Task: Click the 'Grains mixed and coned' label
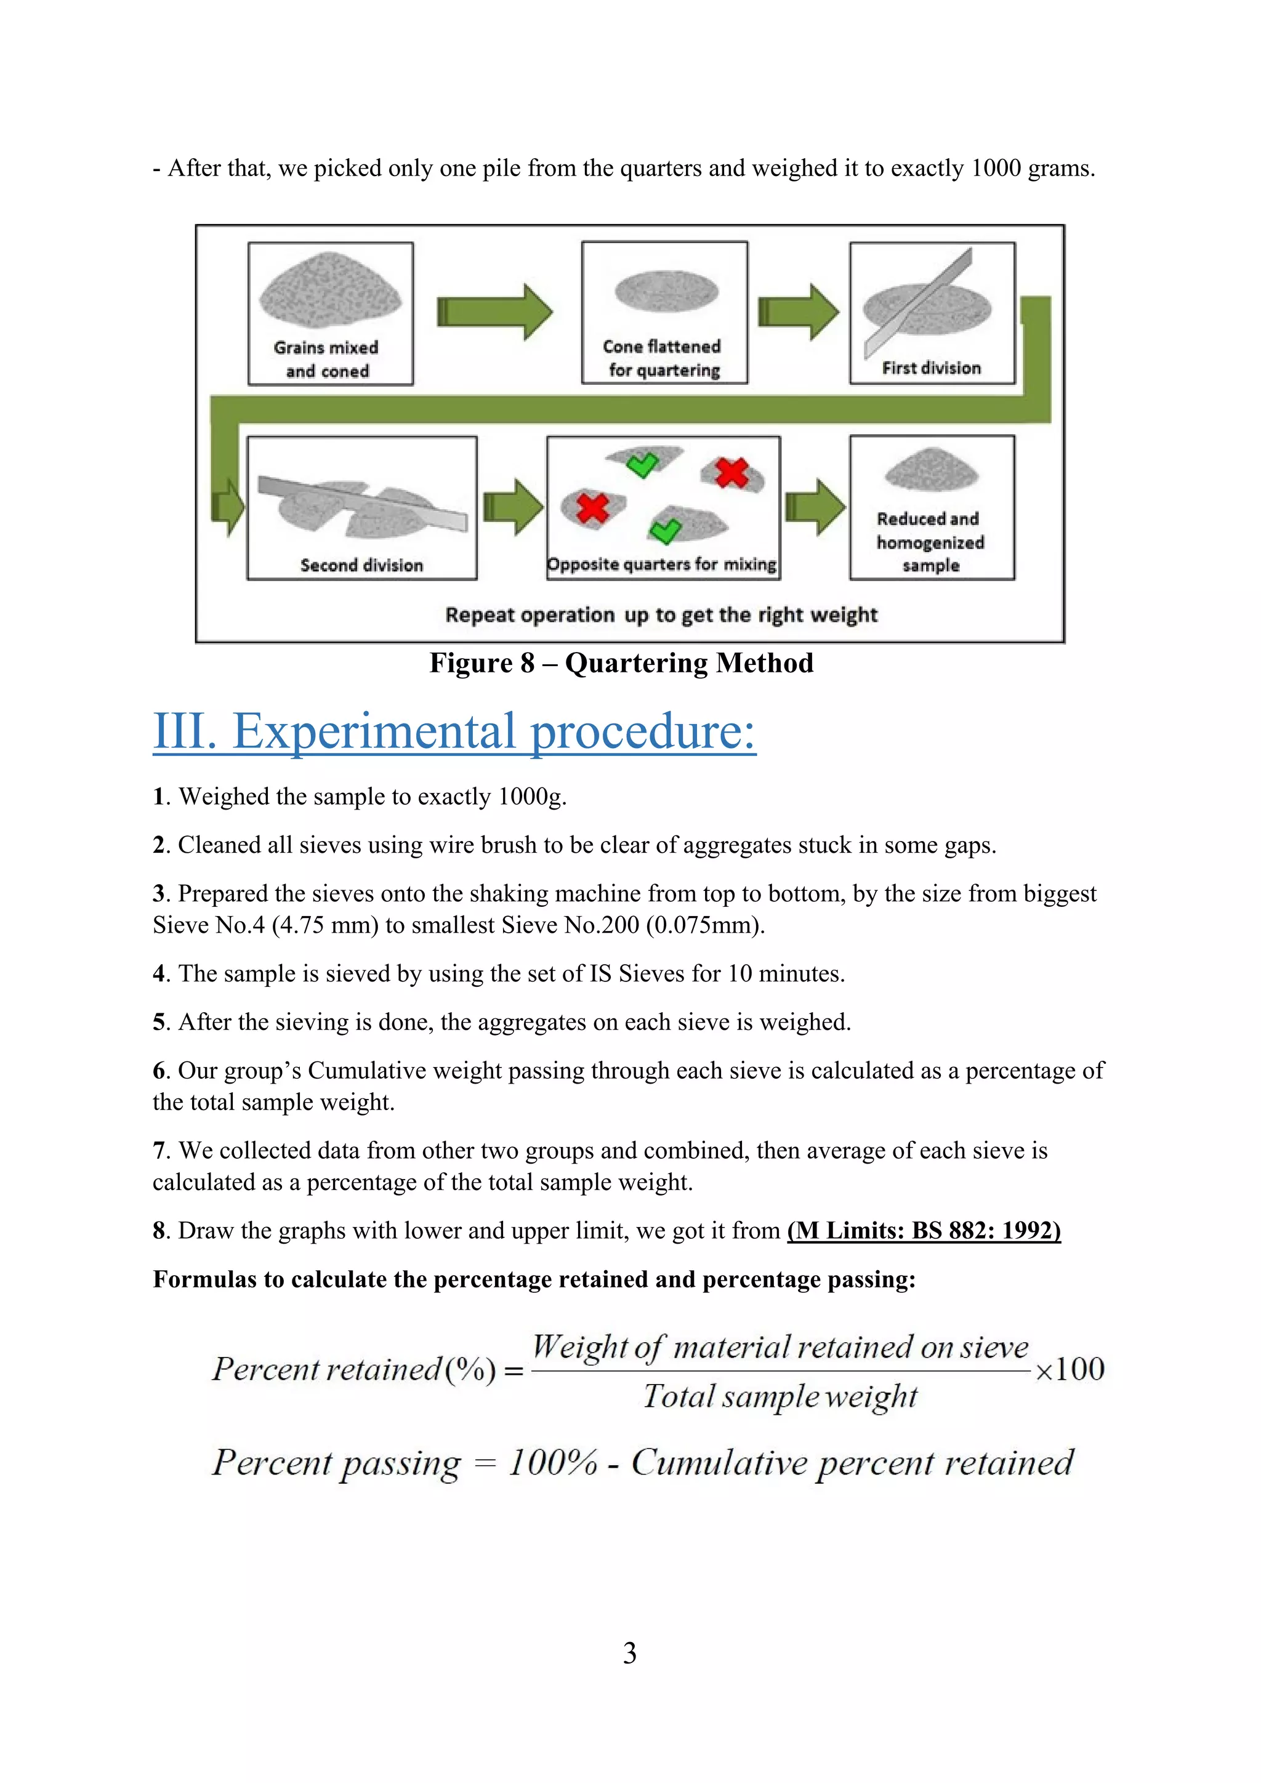tap(326, 359)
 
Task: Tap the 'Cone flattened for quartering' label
tap(663, 358)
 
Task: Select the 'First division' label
tap(931, 368)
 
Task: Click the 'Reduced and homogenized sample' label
tap(930, 541)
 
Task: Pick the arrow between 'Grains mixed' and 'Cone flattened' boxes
tap(494, 312)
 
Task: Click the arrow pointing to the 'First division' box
tap(797, 312)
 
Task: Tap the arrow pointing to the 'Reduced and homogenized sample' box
tap(815, 507)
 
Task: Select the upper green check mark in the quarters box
tap(642, 465)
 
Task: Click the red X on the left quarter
tap(593, 508)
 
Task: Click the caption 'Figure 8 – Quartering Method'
tap(621, 662)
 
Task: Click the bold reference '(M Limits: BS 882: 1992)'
tap(923, 1230)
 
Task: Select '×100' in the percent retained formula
tap(1070, 1369)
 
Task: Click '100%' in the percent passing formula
tap(553, 1463)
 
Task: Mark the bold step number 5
tap(159, 1022)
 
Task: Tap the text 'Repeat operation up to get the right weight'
tap(661, 615)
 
